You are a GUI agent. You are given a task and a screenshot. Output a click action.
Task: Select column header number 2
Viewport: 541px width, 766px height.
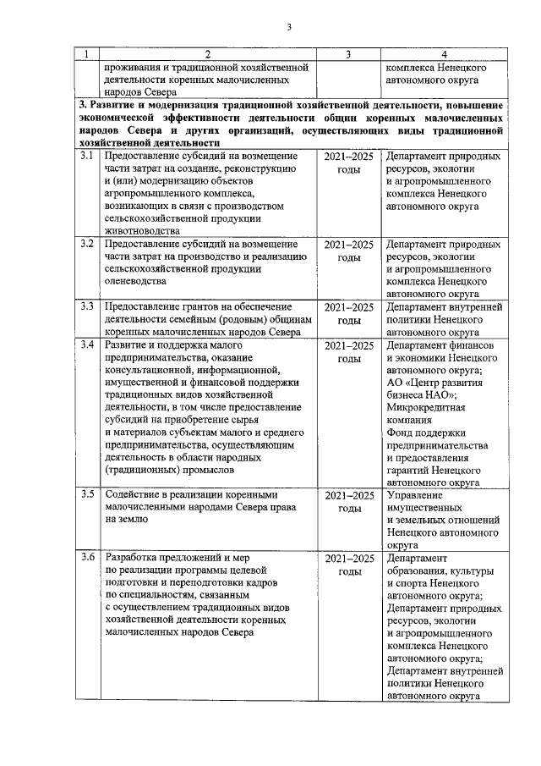(206, 55)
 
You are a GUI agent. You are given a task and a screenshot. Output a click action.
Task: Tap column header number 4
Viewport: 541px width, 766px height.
(445, 55)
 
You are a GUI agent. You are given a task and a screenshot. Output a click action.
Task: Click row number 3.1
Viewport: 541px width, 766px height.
(86, 157)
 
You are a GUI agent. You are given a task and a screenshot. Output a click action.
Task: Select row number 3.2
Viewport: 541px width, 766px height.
(86, 244)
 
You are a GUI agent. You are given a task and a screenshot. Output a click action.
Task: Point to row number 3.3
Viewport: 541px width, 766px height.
(86, 306)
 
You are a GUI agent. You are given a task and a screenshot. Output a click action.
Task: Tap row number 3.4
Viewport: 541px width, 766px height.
(86, 345)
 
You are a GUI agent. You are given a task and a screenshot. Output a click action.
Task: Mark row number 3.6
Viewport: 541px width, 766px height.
(86, 558)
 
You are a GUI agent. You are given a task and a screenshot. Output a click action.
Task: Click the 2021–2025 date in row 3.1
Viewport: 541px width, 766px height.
(348, 157)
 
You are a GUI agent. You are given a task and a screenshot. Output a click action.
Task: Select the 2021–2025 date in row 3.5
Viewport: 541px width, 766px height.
(348, 494)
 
